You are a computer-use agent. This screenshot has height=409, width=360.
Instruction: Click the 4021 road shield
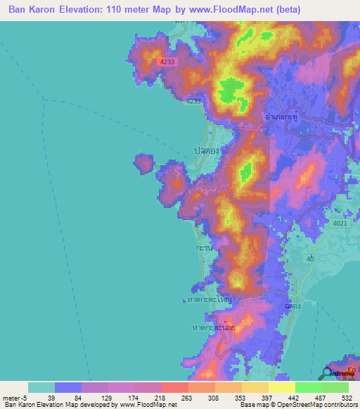[340, 223]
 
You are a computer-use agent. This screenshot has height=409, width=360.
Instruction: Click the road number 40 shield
[309, 259]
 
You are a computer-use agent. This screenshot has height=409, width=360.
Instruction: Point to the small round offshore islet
[143, 164]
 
